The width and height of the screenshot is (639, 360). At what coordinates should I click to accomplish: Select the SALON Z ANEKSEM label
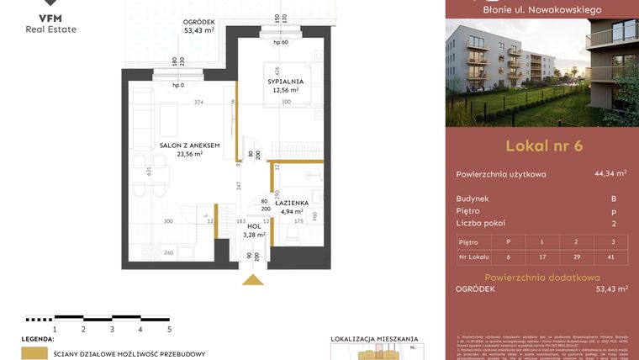[189, 146]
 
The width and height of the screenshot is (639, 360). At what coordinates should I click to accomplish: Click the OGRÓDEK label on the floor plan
[199, 23]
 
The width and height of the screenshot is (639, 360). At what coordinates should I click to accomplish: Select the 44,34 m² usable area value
[610, 174]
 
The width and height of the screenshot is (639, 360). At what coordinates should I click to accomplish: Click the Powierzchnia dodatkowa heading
[541, 277]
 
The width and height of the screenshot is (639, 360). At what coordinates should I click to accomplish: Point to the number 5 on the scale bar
[169, 331]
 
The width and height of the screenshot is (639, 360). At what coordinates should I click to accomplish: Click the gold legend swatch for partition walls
[34, 353]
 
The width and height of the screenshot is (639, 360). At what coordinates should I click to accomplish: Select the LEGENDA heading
[37, 339]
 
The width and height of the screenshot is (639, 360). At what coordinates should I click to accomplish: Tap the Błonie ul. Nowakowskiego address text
[541, 10]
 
